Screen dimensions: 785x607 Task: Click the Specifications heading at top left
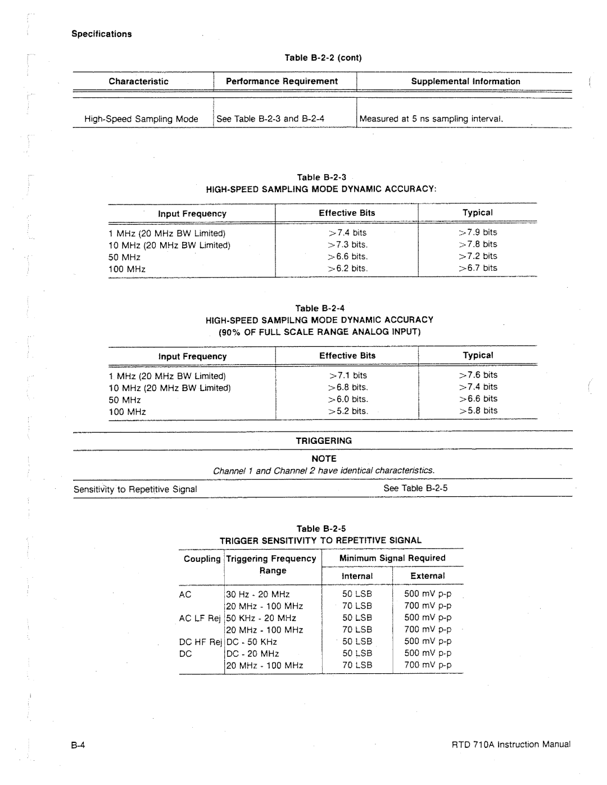pos(101,34)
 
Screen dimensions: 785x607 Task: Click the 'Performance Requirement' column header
pos(282,81)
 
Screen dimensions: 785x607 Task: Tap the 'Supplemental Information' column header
pos(465,81)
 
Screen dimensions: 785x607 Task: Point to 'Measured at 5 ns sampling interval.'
pos(431,119)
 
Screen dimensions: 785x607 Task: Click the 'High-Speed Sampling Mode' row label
pos(141,119)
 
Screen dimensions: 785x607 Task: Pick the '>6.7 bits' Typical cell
pos(478,268)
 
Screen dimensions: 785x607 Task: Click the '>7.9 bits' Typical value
pos(478,232)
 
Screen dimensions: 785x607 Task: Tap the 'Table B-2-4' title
pos(320,308)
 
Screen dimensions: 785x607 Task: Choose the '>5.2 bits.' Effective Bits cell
pos(348,411)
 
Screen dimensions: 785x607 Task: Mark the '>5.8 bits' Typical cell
pos(478,411)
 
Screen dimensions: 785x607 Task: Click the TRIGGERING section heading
pos(324,441)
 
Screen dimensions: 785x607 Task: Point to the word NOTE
pos(324,459)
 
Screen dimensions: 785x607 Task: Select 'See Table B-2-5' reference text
pos(415,488)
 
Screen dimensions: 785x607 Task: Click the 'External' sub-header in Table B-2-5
pos(427,576)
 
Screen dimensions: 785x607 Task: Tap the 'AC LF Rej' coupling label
pos(200,618)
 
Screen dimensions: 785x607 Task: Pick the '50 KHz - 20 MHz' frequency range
pos(261,618)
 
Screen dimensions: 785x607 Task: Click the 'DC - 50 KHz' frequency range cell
pos(252,642)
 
